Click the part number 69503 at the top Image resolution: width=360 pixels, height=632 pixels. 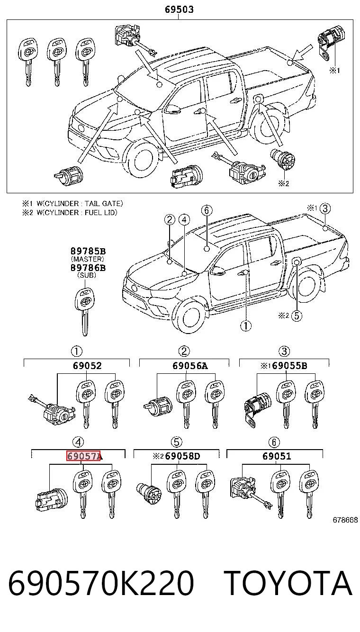pyautogui.click(x=179, y=9)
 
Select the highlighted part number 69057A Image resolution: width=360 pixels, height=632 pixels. pyautogui.click(x=83, y=456)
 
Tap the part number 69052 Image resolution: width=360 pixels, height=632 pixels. pyautogui.click(x=87, y=366)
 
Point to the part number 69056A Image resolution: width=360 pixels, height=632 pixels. pyautogui.click(x=190, y=366)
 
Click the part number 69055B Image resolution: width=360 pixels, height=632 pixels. pyautogui.click(x=290, y=366)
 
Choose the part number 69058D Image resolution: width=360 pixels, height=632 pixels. pyautogui.click(x=182, y=456)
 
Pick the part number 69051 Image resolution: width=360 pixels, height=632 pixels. pyautogui.click(x=277, y=456)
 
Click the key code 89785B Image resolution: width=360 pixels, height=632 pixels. pyautogui.click(x=88, y=251)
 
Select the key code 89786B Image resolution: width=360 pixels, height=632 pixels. pyautogui.click(x=88, y=268)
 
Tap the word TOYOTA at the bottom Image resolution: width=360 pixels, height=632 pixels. pyautogui.click(x=288, y=583)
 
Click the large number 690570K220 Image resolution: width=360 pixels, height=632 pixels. pyautogui.click(x=101, y=583)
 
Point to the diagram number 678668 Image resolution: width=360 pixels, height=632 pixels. pyautogui.click(x=345, y=520)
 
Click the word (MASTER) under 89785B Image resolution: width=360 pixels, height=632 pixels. pyautogui.click(x=88, y=259)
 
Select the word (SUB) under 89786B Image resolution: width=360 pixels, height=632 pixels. pyautogui.click(x=87, y=275)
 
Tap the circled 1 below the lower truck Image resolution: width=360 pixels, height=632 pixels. pyautogui.click(x=246, y=326)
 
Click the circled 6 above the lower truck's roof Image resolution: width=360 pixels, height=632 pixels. pyautogui.click(x=207, y=210)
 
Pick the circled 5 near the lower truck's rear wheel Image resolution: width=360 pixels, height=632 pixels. pyautogui.click(x=297, y=315)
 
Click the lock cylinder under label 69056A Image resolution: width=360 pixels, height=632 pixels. pyautogui.click(x=158, y=406)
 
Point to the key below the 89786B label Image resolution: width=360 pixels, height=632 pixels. pyautogui.click(x=85, y=312)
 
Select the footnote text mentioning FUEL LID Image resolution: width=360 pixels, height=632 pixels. pyautogui.click(x=70, y=212)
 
